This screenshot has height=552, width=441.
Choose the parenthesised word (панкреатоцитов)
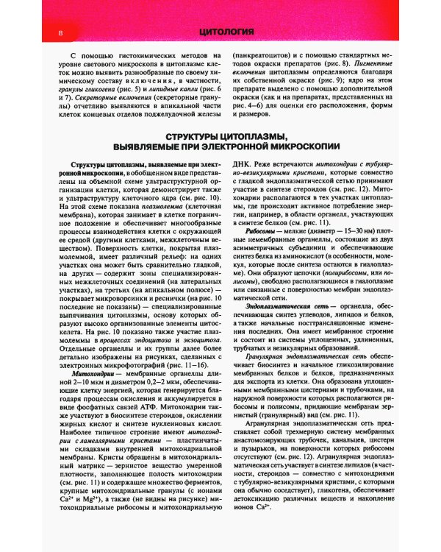click(x=263, y=55)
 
